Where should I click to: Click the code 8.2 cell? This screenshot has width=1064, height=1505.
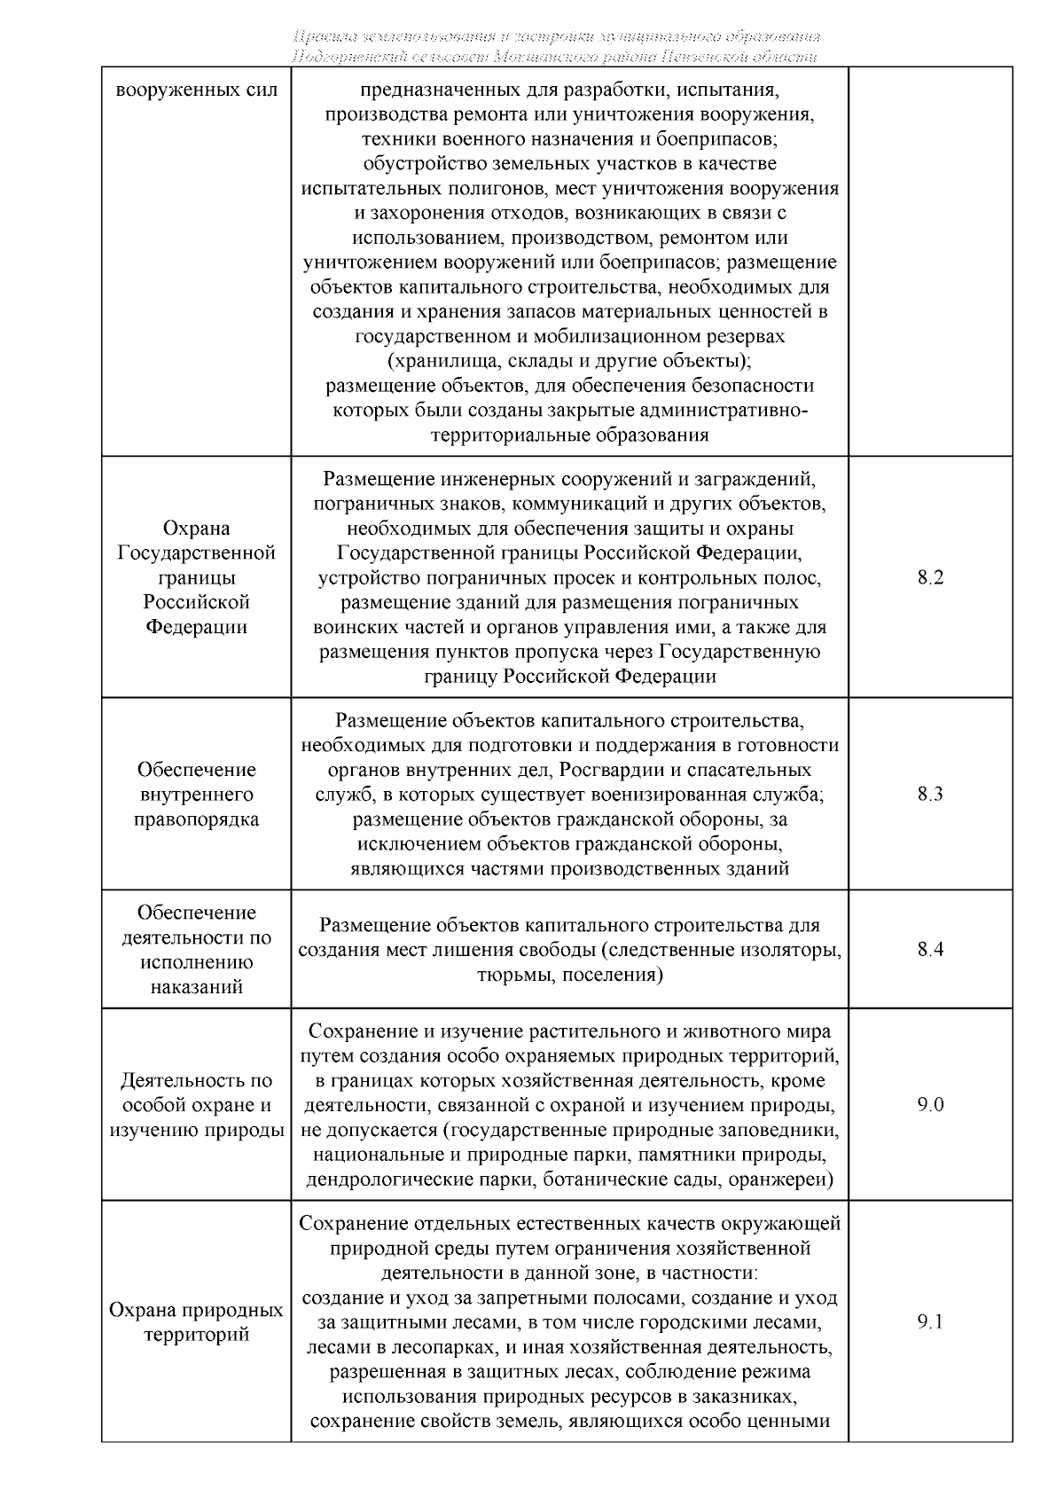tap(930, 577)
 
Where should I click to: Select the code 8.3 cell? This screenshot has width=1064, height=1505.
tap(930, 794)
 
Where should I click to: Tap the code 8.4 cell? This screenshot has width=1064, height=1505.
tap(930, 950)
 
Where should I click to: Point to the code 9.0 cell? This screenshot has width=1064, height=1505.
tap(930, 1105)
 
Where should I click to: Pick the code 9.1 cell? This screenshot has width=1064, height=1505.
tap(930, 1322)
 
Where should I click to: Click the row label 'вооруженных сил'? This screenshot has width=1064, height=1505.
tap(197, 90)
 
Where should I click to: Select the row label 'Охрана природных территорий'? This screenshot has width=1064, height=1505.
tap(197, 1322)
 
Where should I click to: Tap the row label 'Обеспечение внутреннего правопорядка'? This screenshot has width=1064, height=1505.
tap(197, 794)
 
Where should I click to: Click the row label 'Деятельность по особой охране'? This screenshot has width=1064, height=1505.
tap(197, 1105)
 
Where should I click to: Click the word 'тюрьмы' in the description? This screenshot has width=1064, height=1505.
tap(510, 975)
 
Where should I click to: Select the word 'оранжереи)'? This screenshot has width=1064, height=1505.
tap(788, 1180)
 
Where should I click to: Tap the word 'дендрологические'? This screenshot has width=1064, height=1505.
tap(379, 1180)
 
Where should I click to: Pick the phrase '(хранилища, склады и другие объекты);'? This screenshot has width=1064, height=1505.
tap(570, 361)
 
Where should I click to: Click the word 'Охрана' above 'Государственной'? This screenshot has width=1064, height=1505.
tap(197, 529)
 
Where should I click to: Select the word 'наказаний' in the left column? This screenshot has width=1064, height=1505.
tap(197, 987)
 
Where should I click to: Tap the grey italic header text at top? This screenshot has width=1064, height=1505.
tap(556, 46)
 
